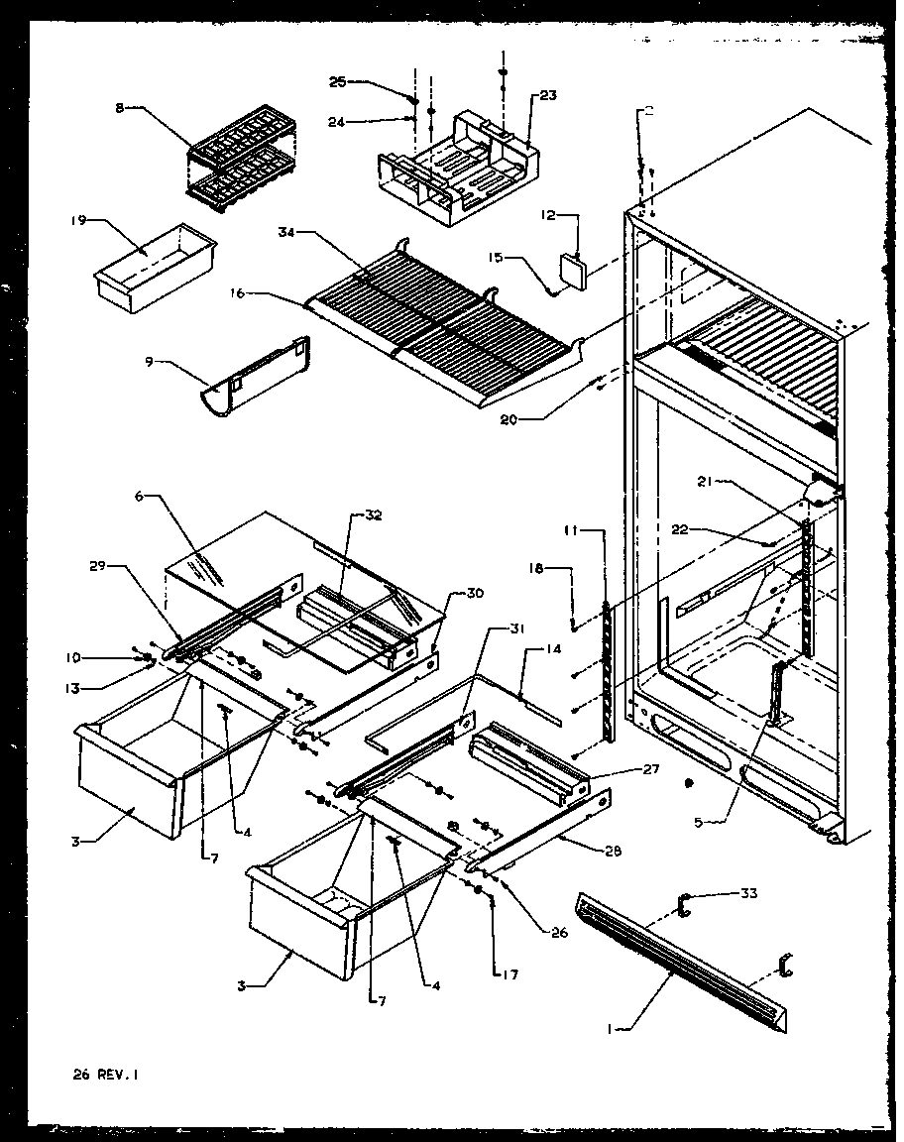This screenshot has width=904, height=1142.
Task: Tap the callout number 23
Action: pos(547,96)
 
